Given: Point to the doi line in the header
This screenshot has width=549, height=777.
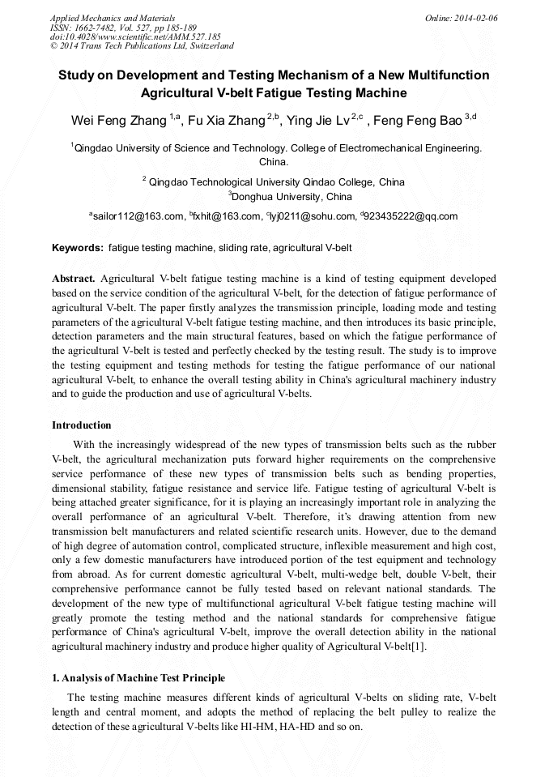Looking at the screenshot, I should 135,37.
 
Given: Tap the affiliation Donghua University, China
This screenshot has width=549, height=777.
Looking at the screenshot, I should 292,196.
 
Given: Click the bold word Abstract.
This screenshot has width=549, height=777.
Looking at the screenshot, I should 74,278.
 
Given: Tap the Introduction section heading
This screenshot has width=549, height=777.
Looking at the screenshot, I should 82,425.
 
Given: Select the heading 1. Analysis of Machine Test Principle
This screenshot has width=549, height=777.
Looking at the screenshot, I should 138,678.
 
